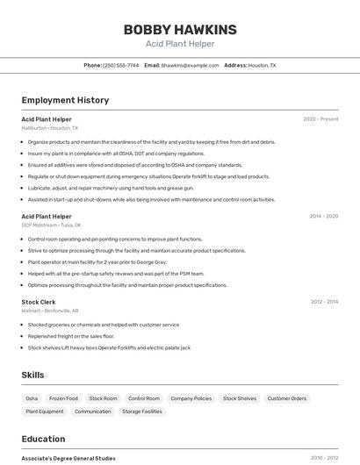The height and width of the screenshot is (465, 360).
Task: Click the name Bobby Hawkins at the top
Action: (x=179, y=29)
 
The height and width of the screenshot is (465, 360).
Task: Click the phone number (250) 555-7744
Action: (x=120, y=65)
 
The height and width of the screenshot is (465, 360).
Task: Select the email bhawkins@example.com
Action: (x=190, y=65)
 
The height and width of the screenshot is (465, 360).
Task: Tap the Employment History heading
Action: (x=65, y=100)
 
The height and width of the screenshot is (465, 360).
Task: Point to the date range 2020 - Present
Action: (x=320, y=118)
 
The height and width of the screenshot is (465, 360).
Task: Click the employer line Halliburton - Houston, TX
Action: (x=49, y=128)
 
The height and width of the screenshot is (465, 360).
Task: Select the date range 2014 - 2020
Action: (x=324, y=216)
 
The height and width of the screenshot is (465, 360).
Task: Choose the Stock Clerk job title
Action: (x=39, y=302)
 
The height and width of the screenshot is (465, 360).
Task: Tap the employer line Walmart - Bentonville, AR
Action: (x=49, y=311)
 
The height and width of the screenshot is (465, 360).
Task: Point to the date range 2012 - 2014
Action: (x=324, y=302)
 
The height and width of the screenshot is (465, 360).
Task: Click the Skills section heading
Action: (x=32, y=375)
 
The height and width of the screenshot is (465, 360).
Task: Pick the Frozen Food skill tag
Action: (x=63, y=398)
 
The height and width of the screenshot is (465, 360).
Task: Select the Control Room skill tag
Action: (x=143, y=398)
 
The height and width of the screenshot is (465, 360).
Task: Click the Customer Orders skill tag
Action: (x=287, y=398)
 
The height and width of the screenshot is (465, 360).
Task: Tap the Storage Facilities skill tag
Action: (x=141, y=411)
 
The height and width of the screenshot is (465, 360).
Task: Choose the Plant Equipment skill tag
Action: (x=45, y=411)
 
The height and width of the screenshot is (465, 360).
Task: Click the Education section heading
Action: (x=43, y=439)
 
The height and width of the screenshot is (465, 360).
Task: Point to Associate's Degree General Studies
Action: (x=68, y=458)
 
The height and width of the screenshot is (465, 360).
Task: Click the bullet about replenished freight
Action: (x=71, y=336)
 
